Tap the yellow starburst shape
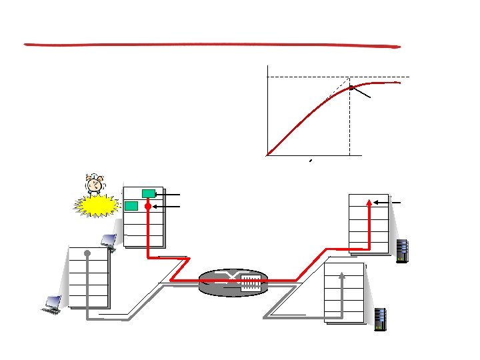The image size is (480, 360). coord(98,205)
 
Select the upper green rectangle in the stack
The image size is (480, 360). coord(149,193)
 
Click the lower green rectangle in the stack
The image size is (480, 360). coord(131,205)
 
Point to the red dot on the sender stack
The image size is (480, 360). coord(148,207)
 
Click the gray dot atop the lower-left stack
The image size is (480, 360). coord(87,253)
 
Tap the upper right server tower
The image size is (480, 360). coord(401,251)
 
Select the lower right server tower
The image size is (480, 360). coord(381,319)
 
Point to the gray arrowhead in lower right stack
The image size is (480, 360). coord(342,274)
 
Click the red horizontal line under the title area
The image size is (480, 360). coord(212,46)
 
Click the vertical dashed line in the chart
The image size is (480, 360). coord(349,120)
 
